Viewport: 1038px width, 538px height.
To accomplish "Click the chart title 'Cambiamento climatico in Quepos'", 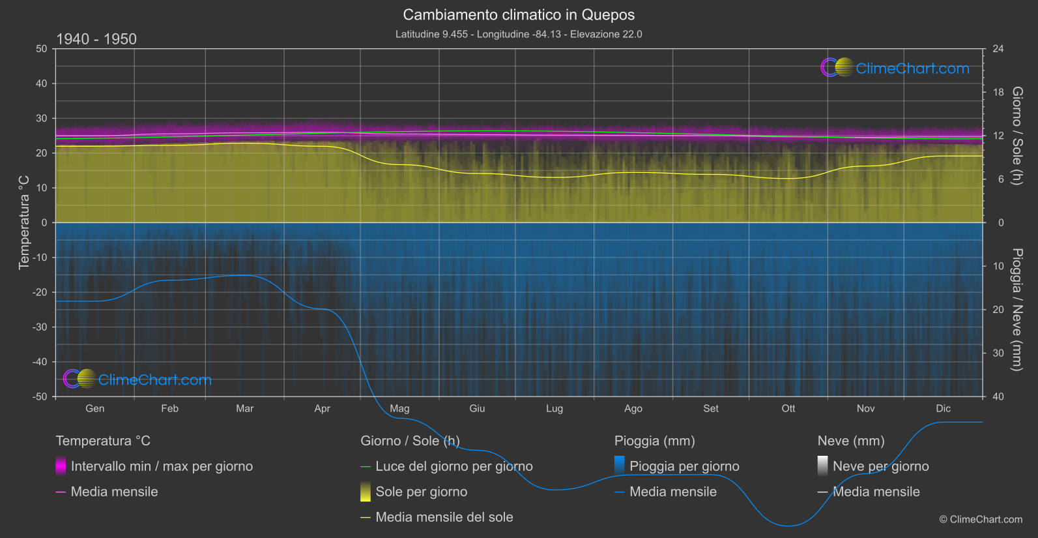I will click(x=519, y=14).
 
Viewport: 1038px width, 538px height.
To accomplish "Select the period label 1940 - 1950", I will click(x=96, y=39).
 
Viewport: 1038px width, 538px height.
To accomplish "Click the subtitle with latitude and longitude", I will click(x=519, y=34).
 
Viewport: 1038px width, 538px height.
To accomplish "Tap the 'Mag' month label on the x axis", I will click(x=399, y=409).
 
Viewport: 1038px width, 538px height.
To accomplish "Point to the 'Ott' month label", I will click(x=788, y=409).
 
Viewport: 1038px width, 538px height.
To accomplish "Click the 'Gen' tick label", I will click(x=95, y=409).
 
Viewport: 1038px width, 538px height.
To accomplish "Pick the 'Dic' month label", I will click(x=943, y=409).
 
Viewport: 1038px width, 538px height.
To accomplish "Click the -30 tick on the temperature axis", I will click(x=40, y=327).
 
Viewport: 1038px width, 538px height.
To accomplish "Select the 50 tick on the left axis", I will click(x=42, y=49).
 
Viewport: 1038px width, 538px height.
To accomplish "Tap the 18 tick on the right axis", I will click(x=998, y=93).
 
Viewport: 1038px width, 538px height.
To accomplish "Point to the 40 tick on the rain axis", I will click(x=998, y=396).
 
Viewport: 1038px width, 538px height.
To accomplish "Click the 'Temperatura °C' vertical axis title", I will click(x=24, y=222).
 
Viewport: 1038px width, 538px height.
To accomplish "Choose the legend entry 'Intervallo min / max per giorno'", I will click(x=162, y=466).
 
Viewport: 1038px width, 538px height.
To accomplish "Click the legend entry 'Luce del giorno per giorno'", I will click(x=454, y=466).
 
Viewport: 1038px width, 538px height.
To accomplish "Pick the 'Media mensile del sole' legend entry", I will click(x=444, y=517).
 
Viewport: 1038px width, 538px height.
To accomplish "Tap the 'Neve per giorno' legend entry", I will click(x=880, y=466).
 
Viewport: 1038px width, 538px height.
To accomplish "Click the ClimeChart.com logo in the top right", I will click(x=895, y=68).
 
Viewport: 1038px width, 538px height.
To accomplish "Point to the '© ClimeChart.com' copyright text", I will click(x=981, y=520).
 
